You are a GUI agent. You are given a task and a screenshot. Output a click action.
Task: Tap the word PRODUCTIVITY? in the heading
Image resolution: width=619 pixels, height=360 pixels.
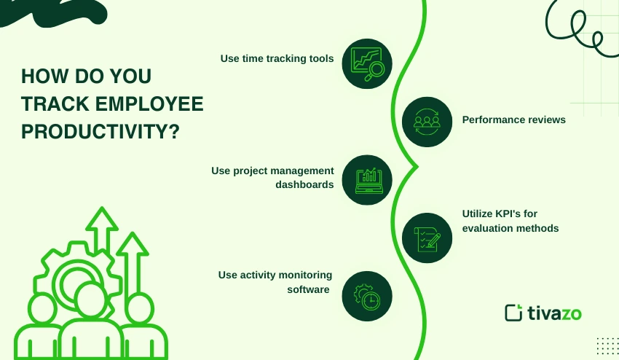[101, 132]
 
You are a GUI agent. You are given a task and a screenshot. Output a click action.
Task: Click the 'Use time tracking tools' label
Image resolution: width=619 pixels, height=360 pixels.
[277, 58]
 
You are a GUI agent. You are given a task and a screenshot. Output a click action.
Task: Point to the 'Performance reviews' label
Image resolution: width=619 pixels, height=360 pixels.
[513, 120]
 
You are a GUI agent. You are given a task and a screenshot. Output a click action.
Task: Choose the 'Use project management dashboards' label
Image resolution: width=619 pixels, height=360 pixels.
[272, 177]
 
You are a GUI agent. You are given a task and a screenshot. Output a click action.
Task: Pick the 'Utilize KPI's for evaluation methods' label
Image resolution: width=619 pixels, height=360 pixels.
[510, 221]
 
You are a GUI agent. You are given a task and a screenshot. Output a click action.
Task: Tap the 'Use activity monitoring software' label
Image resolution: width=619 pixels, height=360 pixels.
[275, 281]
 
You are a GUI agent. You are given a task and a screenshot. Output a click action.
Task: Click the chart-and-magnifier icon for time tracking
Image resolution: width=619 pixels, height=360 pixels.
[367, 63]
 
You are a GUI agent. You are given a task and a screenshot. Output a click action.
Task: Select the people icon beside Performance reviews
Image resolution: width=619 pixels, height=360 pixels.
[427, 121]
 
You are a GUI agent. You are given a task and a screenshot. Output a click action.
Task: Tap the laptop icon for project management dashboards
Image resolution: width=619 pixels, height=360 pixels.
[367, 180]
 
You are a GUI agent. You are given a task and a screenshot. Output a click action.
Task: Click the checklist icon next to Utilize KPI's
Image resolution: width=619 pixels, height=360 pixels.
[427, 238]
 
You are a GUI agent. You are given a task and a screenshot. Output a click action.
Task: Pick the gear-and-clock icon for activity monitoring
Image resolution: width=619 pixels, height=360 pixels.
[367, 296]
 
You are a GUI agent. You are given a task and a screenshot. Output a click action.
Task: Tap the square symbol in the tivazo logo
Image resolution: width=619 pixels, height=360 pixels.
[513, 312]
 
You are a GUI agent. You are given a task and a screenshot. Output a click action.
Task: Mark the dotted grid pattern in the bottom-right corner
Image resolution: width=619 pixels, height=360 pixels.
[607, 346]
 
